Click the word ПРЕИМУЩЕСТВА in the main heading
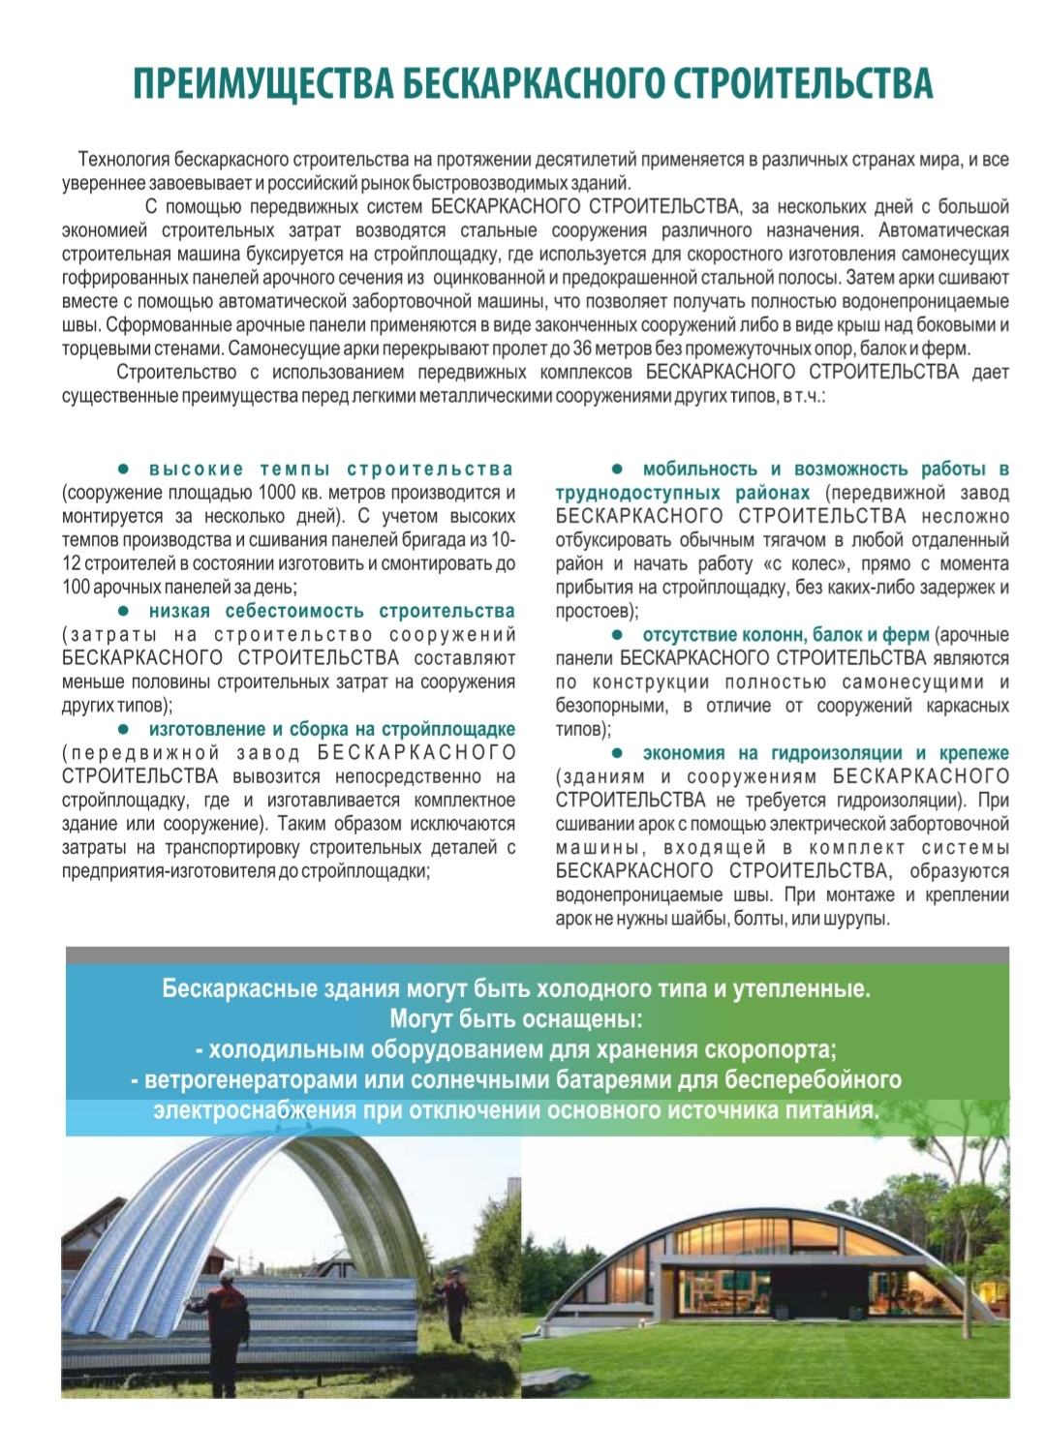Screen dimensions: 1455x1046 click(263, 83)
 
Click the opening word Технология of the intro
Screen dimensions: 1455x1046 click(123, 160)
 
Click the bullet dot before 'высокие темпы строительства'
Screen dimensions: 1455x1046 click(123, 470)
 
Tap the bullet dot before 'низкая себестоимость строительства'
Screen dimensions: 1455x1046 click(123, 612)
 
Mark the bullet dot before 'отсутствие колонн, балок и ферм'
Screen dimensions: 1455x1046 click(617, 635)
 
